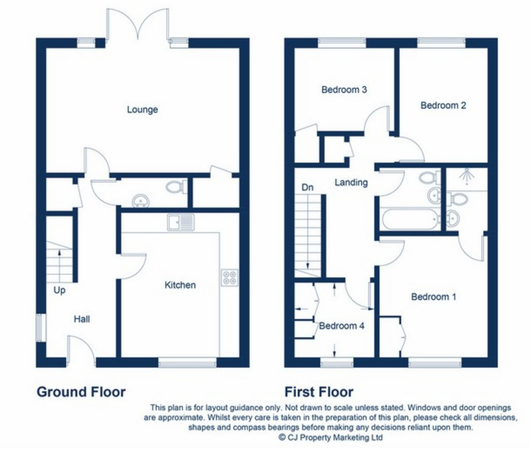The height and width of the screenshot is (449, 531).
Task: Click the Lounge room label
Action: [x=142, y=110]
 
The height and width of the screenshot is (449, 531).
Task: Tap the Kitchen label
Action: [x=180, y=285]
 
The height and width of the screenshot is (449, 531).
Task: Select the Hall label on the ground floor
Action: [x=82, y=319]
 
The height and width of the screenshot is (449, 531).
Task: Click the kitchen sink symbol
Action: [x=181, y=222]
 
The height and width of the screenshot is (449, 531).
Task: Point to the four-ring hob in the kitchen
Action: [x=230, y=277]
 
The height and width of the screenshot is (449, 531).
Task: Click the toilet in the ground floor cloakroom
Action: [x=177, y=187]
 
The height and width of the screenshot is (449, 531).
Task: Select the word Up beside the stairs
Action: [x=59, y=290]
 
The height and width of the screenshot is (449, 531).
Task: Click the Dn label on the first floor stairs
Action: [x=308, y=187]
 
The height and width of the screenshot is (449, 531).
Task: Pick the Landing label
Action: [x=351, y=182]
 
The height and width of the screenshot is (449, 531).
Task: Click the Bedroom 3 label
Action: [x=344, y=90]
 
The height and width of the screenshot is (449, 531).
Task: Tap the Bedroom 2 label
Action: [x=443, y=106]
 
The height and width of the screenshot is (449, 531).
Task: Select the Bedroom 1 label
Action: [x=433, y=297]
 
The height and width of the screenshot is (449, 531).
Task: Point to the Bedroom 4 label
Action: [x=342, y=326]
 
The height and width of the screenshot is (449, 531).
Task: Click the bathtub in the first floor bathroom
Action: [x=410, y=219]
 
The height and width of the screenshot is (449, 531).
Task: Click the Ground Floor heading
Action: [x=81, y=392]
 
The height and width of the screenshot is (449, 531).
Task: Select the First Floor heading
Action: [x=319, y=392]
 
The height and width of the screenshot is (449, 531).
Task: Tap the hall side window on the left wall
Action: [x=41, y=327]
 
